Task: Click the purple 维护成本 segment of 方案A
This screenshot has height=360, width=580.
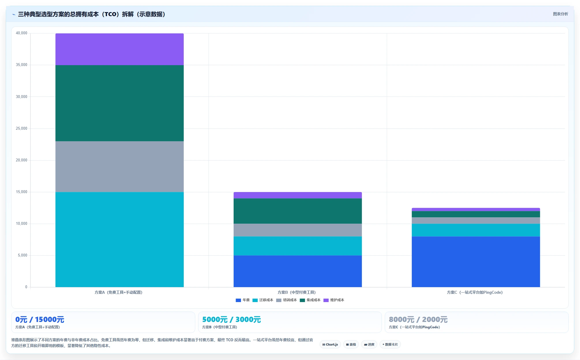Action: tap(119, 49)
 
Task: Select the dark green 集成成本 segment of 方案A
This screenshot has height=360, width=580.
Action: tap(119, 103)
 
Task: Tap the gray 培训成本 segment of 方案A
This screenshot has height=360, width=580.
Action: tap(119, 167)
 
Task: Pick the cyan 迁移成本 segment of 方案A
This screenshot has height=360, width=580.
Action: tap(119, 240)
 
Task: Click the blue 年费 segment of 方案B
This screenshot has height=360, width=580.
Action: tap(298, 271)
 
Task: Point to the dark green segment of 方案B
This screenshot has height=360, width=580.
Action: tap(298, 211)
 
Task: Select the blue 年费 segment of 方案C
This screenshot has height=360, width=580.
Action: tap(476, 262)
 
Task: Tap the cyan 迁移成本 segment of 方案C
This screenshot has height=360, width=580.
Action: tap(476, 230)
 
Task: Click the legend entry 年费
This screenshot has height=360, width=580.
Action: tap(243, 300)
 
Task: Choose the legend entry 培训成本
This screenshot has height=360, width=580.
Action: tap(286, 300)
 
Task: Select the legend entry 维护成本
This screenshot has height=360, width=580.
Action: tap(334, 300)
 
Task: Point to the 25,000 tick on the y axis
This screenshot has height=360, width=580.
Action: tap(22, 129)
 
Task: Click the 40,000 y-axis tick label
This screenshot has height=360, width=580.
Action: tap(22, 33)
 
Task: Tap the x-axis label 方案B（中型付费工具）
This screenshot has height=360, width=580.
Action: tap(297, 292)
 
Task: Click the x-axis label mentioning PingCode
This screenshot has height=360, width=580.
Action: tap(475, 292)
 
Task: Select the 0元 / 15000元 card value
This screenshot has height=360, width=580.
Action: tap(40, 319)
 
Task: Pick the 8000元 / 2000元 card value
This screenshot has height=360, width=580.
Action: tap(418, 319)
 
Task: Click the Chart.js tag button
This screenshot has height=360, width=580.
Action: tap(330, 344)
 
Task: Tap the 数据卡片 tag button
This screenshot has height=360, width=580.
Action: tap(390, 344)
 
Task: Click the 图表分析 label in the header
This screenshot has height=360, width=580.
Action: tap(560, 14)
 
